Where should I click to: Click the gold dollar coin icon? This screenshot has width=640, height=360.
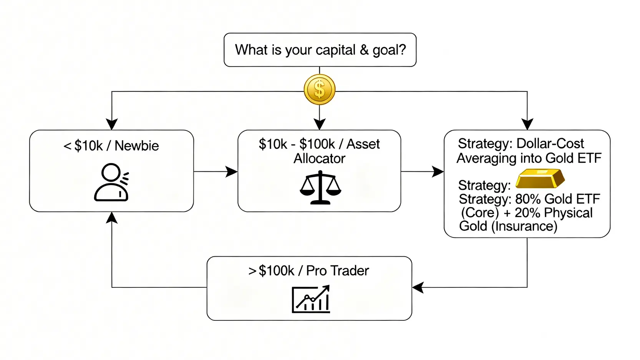point(319,90)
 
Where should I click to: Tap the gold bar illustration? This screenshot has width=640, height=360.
point(540,178)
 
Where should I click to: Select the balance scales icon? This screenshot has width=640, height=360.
point(320,188)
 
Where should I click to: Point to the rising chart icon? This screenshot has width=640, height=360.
point(311,299)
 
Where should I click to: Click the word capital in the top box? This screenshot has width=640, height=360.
point(336,50)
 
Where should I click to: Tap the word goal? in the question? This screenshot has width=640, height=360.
point(389,50)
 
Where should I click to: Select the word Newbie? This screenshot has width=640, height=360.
point(136,146)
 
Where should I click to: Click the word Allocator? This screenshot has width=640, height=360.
point(319,158)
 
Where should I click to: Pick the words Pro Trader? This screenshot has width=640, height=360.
point(337,271)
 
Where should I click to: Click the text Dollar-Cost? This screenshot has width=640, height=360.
point(550,144)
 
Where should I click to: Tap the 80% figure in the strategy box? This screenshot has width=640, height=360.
point(528,199)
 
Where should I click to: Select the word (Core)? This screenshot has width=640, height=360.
point(479,212)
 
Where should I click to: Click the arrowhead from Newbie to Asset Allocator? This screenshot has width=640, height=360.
point(232,172)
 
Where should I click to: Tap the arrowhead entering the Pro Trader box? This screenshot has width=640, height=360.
point(418,287)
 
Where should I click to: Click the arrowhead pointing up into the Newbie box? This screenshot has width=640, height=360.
point(112,217)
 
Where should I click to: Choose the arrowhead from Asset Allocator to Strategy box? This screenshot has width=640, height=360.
point(438,172)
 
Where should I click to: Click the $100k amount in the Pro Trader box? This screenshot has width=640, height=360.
point(276,271)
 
